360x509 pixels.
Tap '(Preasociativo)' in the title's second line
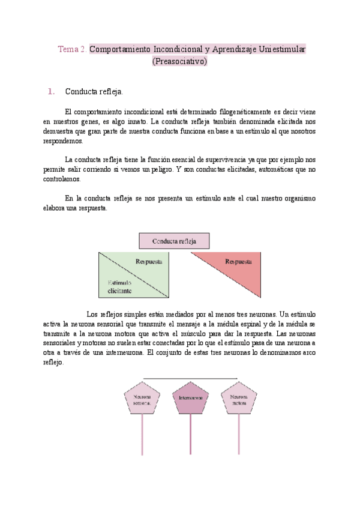click(180, 61)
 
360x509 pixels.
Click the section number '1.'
click(51, 92)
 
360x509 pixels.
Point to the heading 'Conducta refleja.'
click(94, 92)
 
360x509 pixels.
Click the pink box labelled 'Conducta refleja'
click(175, 241)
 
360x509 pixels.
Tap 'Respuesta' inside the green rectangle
click(149, 262)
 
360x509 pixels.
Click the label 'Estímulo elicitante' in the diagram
click(120, 288)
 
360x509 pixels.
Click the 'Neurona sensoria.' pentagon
click(142, 400)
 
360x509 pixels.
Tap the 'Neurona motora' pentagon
click(239, 400)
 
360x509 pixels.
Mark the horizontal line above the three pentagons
click(190, 379)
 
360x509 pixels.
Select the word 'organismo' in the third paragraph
click(298, 198)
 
